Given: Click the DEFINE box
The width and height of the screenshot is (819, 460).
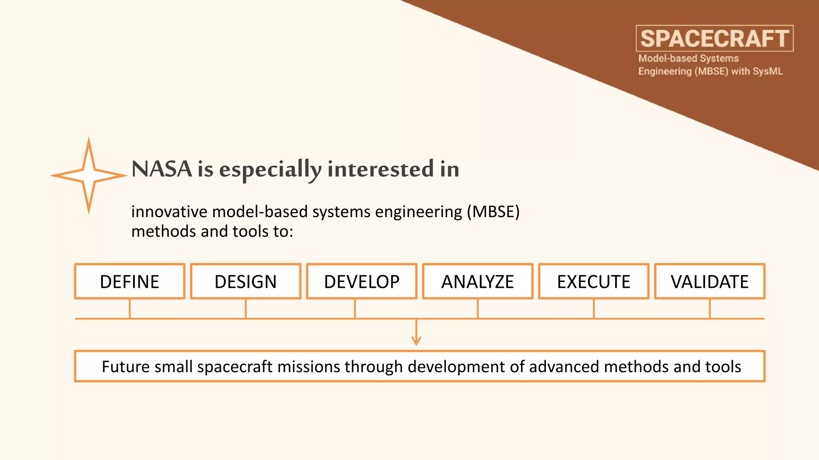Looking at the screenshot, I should (x=130, y=282).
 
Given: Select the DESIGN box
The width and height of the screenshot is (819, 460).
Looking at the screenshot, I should (x=246, y=282).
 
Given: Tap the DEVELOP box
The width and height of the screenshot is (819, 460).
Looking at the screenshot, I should (x=362, y=282).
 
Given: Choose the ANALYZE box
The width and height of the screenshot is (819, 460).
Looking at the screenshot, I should (x=477, y=282).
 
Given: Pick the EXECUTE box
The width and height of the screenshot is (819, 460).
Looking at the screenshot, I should (x=593, y=282).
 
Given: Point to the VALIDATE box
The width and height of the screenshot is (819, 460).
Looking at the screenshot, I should (x=709, y=282).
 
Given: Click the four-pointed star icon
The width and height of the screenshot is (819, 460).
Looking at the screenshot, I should (x=89, y=176).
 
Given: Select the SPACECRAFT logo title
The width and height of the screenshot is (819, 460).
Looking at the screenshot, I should (x=715, y=39).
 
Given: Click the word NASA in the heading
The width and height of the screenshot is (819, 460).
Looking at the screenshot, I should (x=162, y=169).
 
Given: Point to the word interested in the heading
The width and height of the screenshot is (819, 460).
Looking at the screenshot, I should (x=380, y=169).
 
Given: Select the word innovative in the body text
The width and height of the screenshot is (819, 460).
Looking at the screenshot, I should (x=169, y=212).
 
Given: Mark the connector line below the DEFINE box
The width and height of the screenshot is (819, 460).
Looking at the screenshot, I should (x=130, y=309).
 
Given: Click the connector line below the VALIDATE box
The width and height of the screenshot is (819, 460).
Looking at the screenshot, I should (x=710, y=309).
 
